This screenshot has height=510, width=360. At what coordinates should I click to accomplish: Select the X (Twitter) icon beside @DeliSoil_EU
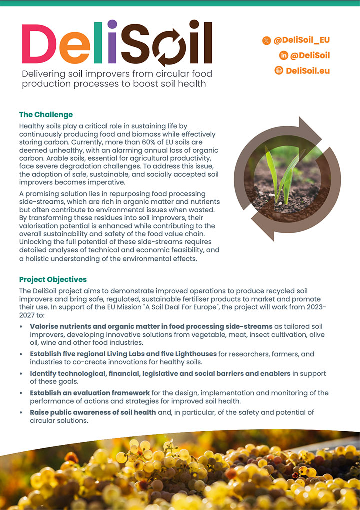click(266, 40)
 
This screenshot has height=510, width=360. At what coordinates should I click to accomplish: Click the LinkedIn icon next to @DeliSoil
click(283, 55)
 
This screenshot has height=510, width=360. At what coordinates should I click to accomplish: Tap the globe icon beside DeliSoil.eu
click(279, 70)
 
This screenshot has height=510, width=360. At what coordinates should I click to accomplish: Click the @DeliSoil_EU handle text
click(302, 40)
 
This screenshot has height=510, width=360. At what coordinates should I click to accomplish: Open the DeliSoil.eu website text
click(308, 70)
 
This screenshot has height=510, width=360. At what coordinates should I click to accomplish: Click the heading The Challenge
click(46, 115)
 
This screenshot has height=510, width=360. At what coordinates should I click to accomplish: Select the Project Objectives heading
click(53, 279)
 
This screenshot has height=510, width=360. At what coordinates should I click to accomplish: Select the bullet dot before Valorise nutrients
click(21, 327)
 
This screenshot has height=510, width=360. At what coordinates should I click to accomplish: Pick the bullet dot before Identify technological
click(21, 374)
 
